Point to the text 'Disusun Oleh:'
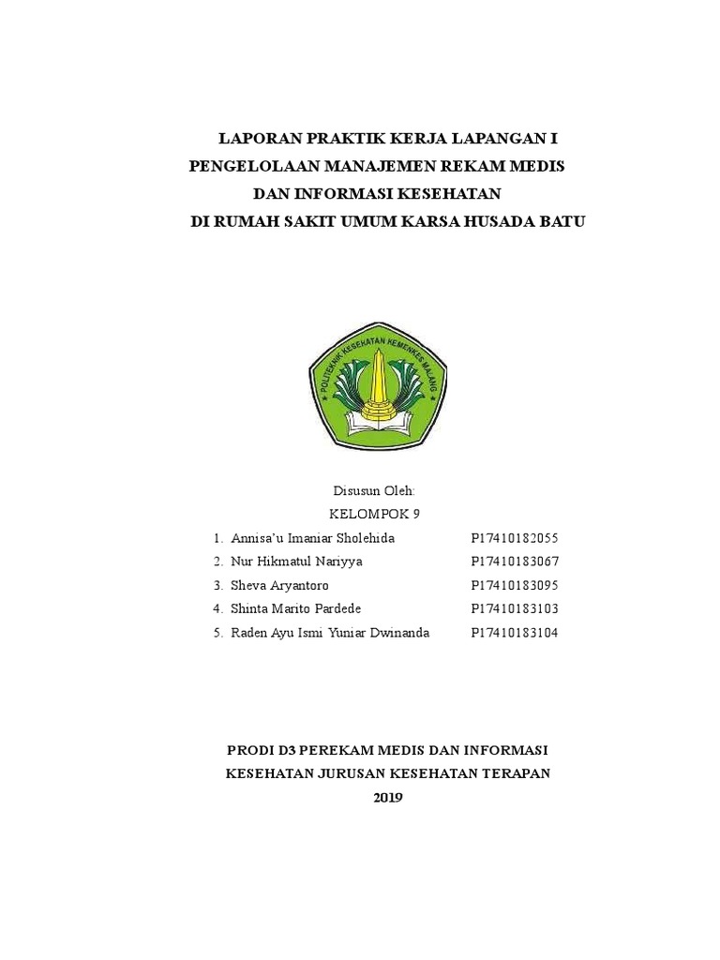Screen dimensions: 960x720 374,491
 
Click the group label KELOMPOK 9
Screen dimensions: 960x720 374,514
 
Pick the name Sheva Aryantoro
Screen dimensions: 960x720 279,585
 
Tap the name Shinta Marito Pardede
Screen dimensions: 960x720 295,608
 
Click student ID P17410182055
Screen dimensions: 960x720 514,538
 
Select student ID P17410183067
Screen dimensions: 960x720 514,562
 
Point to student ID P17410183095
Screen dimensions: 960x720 514,585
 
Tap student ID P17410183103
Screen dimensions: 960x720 514,608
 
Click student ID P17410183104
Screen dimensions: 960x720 514,633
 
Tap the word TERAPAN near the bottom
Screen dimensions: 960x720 514,773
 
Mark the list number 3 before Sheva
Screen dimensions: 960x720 217,585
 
